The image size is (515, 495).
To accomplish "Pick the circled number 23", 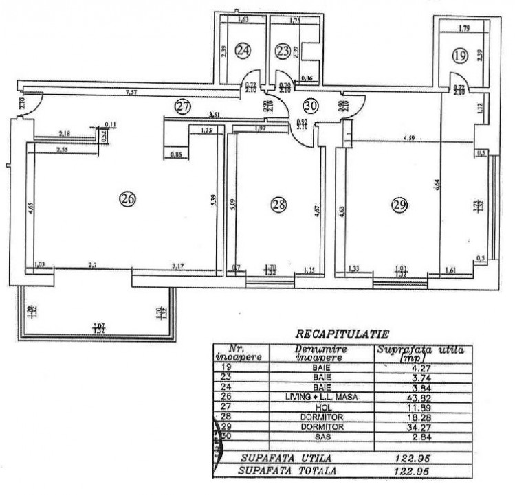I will (283, 49).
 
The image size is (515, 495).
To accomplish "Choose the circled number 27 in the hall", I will (182, 106).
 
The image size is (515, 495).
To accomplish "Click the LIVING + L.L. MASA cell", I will (318, 396).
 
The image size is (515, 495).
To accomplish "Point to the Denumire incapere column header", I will (318, 354).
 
